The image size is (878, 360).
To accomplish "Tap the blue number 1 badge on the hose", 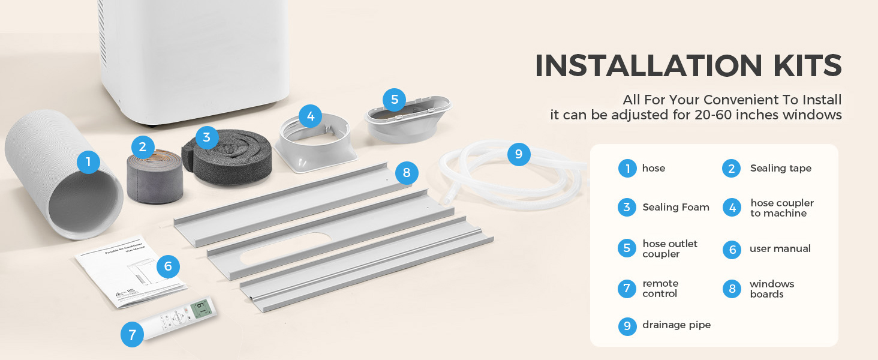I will (x=88, y=161).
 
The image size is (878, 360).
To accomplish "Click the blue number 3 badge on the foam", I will (x=207, y=137).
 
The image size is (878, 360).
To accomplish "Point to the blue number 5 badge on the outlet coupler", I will (x=394, y=100).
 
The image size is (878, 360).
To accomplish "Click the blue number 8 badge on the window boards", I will (x=407, y=174).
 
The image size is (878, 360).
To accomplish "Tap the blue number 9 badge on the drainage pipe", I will (x=519, y=155).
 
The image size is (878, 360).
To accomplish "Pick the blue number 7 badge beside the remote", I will (x=132, y=335).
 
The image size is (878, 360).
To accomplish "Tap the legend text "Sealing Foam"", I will (x=676, y=208).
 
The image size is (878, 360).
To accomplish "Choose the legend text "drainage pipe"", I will (x=676, y=325).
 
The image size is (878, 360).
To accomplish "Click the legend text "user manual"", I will (x=780, y=249).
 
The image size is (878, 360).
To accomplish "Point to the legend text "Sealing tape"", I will (x=780, y=169).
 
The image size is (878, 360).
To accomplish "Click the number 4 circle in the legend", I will (x=732, y=208).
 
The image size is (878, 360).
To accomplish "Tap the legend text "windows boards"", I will (x=771, y=289).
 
